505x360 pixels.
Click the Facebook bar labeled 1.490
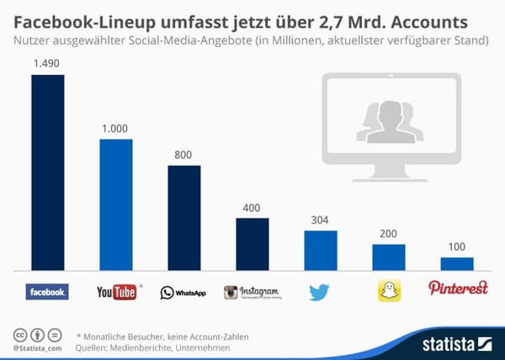[x=47, y=172]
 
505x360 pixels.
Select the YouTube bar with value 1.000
[x=115, y=204]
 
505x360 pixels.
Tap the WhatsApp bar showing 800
[x=183, y=217]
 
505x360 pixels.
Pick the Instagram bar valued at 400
[x=252, y=244]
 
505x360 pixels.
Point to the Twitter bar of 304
[x=320, y=250]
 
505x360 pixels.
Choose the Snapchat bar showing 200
[x=388, y=257]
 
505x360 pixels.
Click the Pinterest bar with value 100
[x=457, y=263]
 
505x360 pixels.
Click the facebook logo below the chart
[x=47, y=292]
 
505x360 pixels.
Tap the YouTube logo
[x=117, y=292]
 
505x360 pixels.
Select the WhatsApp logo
[x=183, y=293]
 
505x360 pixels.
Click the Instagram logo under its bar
[x=251, y=292]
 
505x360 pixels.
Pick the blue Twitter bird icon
[x=319, y=292]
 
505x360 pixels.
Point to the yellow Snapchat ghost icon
[x=388, y=291]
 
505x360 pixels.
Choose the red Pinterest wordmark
[x=459, y=289]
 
